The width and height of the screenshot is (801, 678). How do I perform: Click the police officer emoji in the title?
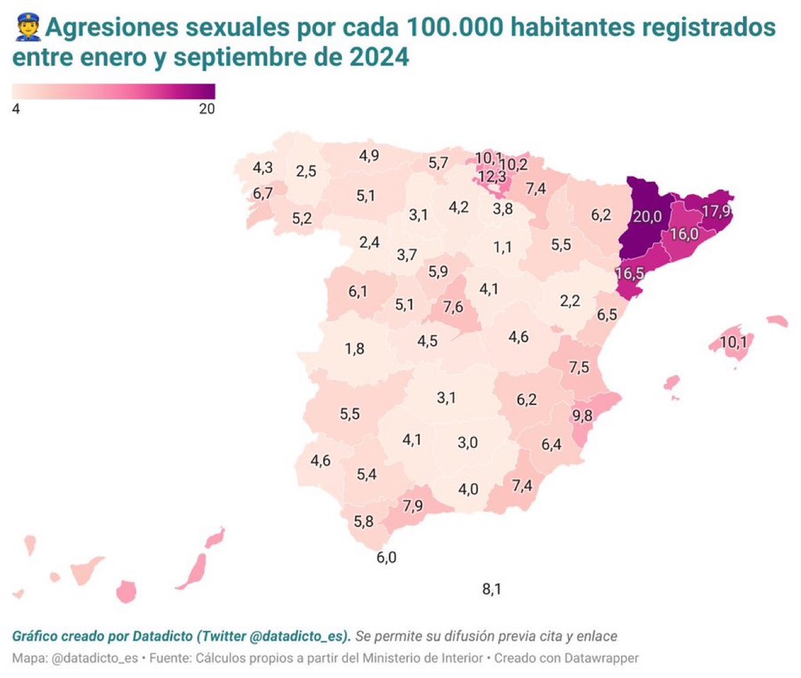27,29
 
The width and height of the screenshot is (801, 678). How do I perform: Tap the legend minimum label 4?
16,109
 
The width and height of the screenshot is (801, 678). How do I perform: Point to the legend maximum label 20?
207,109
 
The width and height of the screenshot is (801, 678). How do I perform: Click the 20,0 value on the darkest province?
648,217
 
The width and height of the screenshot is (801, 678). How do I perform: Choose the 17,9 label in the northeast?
717,212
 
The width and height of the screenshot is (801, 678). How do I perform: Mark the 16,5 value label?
631,274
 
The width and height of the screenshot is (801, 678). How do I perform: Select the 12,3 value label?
492,177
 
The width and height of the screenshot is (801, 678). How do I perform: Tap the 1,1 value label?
502,247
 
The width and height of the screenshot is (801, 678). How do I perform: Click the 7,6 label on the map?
453,306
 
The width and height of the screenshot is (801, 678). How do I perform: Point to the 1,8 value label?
354,348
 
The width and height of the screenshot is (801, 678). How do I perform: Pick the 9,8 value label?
582,416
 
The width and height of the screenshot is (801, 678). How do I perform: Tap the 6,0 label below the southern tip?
386,557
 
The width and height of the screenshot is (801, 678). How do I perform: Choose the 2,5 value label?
306,171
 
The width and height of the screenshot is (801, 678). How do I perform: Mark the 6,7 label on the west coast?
263,193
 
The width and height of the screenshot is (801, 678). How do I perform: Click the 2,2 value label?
570,300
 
